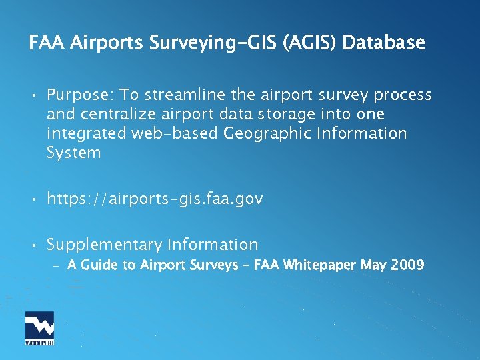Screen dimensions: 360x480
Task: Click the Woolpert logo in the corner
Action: point(39,328)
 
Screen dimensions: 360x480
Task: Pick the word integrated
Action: point(86,134)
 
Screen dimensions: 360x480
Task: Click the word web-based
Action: point(174,134)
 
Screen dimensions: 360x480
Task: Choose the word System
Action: point(73,153)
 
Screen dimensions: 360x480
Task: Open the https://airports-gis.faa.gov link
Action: point(155,199)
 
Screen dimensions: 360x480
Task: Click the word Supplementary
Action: point(105,245)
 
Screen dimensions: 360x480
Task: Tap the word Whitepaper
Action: point(320,265)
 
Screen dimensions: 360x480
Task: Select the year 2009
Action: point(407,265)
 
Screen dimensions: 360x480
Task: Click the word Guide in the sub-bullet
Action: point(98,265)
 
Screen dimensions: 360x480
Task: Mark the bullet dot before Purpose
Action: point(32,95)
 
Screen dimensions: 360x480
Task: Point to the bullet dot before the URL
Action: point(32,199)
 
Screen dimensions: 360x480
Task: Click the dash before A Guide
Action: point(56,266)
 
